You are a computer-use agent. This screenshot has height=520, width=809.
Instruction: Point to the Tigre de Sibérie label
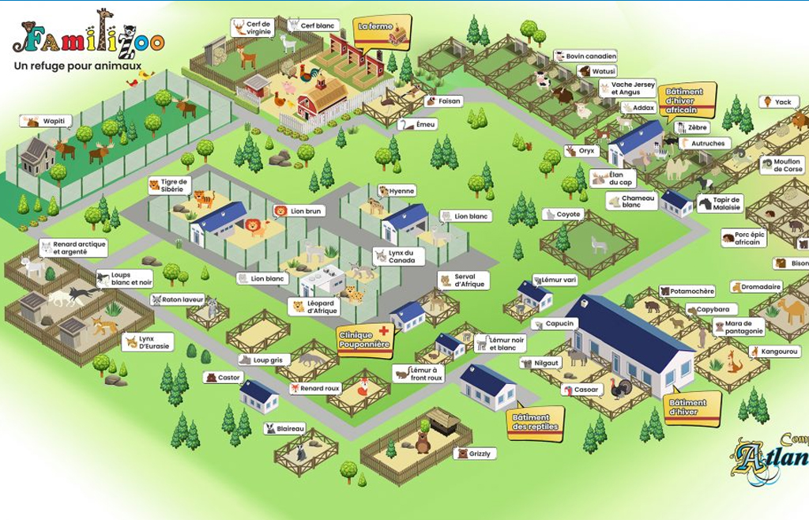[x=169, y=186]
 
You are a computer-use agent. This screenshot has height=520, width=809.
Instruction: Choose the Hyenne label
[x=397, y=191]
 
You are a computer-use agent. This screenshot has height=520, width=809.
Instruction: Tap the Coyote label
[x=563, y=214]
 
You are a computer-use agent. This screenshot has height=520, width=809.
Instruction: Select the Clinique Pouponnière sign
[x=364, y=340]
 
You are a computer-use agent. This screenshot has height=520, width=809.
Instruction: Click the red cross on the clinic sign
[x=384, y=330]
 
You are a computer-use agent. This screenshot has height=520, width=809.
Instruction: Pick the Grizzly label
[x=475, y=454]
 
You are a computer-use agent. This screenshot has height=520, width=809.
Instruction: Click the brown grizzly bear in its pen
[x=423, y=443]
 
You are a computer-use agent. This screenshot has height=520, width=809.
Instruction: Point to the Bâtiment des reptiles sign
[x=535, y=422]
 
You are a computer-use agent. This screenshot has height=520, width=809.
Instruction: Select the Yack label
[x=778, y=102]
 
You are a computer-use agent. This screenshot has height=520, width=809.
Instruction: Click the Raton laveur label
[x=178, y=300]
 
